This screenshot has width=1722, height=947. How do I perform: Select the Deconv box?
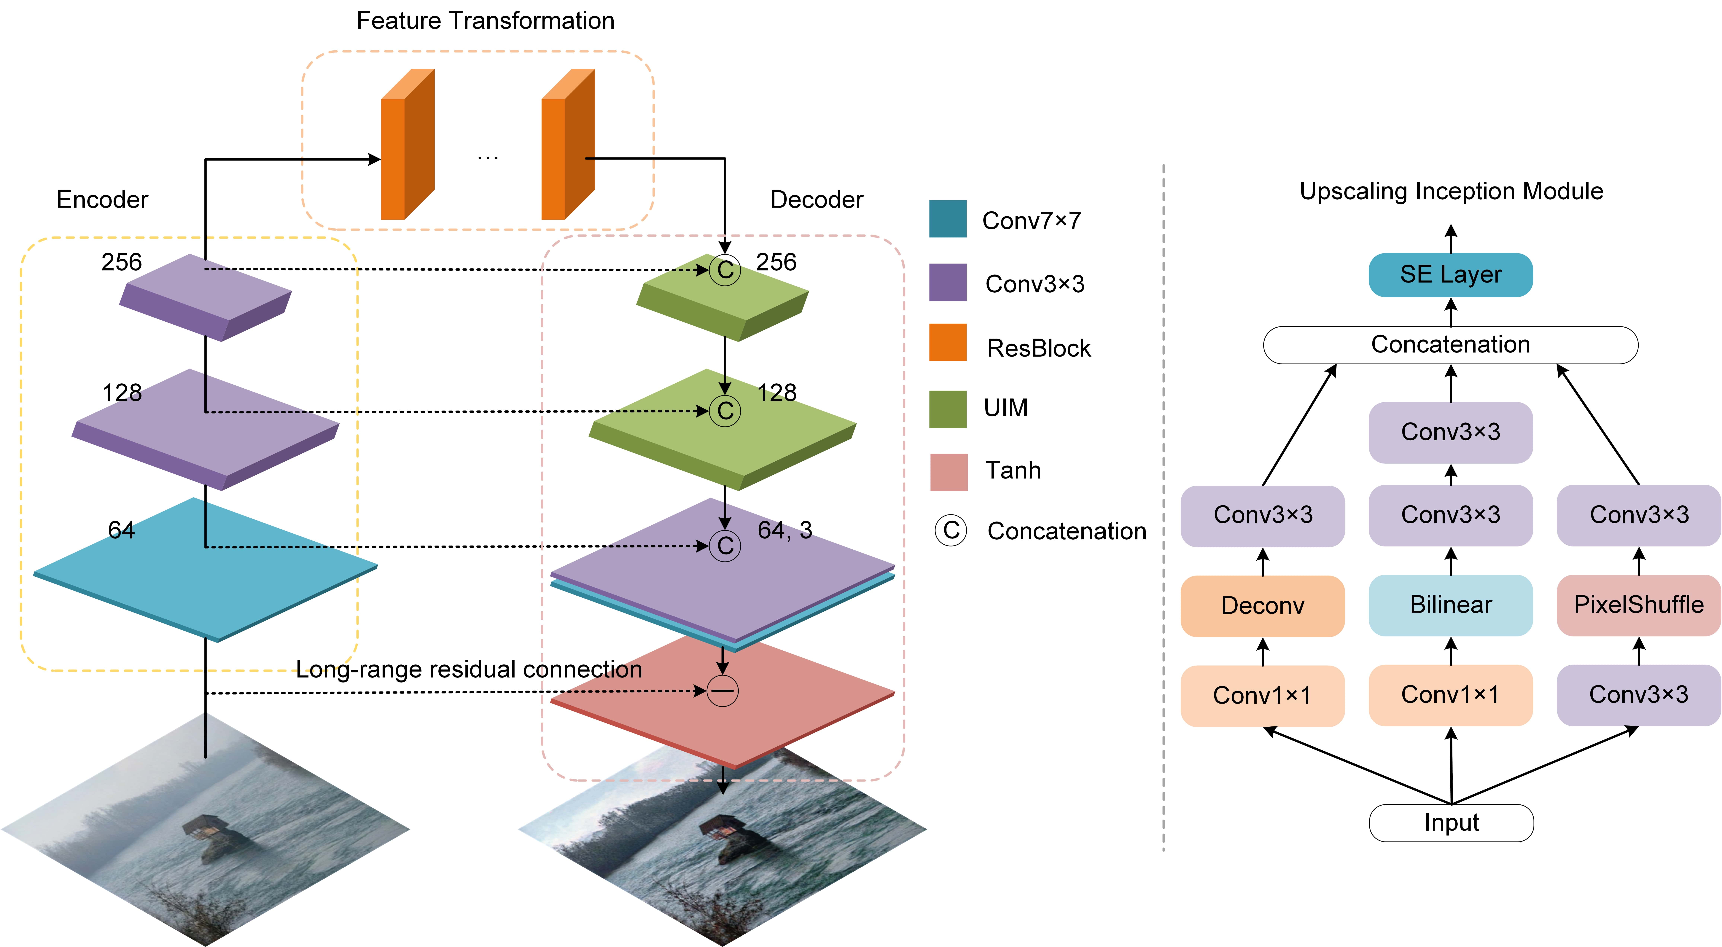(1262, 605)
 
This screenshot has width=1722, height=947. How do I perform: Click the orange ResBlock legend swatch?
(947, 342)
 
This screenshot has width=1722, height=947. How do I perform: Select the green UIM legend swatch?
(947, 408)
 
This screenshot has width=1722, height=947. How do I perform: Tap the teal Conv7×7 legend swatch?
(947, 219)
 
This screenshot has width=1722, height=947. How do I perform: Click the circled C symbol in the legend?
(951, 531)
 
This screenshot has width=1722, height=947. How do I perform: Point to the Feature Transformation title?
(485, 21)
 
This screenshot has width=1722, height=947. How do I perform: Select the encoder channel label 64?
(121, 530)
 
